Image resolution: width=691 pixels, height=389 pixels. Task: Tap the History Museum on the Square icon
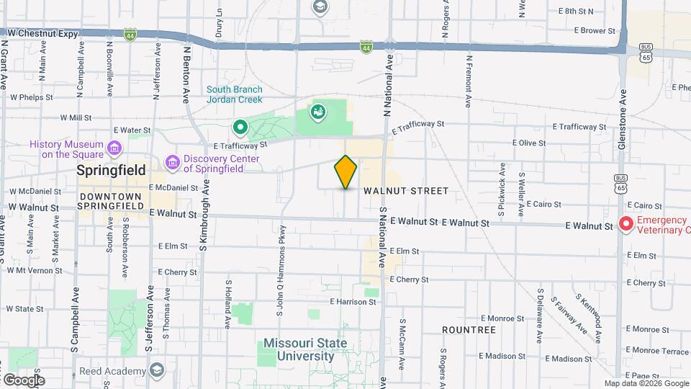(x=114, y=148)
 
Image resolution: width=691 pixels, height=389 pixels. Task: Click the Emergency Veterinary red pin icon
(x=625, y=225)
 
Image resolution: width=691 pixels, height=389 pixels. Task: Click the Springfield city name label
(x=112, y=171)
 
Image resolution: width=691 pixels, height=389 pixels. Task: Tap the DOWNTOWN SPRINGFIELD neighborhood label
(x=111, y=201)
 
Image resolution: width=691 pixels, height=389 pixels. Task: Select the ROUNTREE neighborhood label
(x=469, y=330)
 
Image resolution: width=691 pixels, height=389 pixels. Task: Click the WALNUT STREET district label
(x=406, y=191)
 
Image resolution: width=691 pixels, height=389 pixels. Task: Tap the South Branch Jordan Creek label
(x=235, y=94)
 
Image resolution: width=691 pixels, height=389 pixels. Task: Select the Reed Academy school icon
(x=158, y=370)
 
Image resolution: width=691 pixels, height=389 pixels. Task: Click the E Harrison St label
(x=353, y=302)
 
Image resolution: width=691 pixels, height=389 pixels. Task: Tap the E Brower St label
(x=595, y=31)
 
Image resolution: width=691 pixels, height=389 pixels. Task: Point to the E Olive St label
(x=529, y=143)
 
